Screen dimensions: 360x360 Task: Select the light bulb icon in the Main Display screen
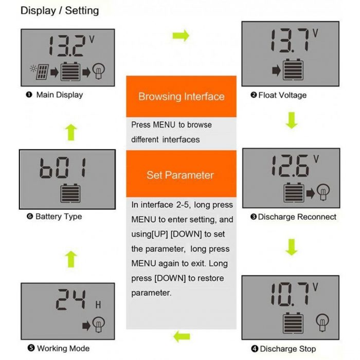click(100, 73)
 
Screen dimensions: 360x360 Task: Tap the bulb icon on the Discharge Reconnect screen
click(323, 193)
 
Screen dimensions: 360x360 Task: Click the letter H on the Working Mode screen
click(98, 305)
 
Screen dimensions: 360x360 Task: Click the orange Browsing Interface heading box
click(181, 96)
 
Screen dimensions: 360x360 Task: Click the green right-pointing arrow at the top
click(181, 35)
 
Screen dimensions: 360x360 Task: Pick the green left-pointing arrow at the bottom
click(182, 337)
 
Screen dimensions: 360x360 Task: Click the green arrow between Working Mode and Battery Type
click(71, 257)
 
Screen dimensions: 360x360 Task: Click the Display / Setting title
click(60, 10)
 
